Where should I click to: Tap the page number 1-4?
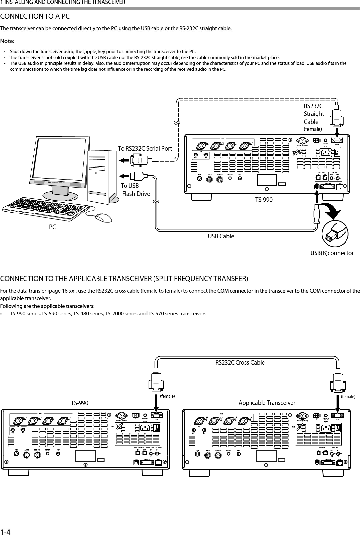5,531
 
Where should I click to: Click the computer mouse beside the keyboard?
103,217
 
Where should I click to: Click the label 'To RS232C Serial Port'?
145,148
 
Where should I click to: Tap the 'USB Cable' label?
221,236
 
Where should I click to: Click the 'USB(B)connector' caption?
332,253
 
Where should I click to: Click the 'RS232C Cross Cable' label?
240,362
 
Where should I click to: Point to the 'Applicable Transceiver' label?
267,403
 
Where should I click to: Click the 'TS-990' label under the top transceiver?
264,199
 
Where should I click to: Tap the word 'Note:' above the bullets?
7,42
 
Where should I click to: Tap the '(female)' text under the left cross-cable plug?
167,396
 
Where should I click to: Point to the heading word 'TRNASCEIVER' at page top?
108,3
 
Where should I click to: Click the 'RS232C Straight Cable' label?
313,114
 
